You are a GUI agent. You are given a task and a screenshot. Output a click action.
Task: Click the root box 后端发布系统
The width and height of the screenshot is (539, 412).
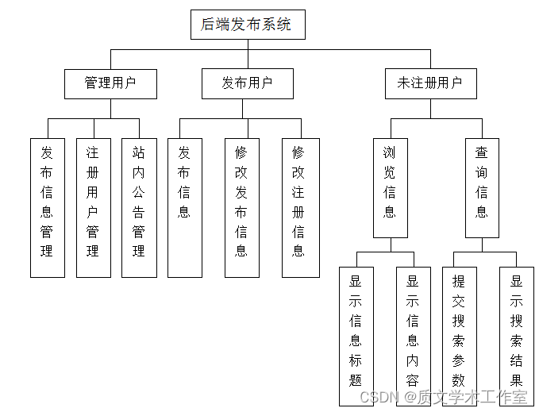(248, 25)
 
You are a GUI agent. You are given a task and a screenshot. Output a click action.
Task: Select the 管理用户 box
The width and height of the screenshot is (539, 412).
(110, 83)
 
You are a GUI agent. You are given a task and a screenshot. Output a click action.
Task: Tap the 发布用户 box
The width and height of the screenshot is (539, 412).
(248, 83)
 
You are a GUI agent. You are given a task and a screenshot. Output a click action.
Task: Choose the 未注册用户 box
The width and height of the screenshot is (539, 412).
(430, 83)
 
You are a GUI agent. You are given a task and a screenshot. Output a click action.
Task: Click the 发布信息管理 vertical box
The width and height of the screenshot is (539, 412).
(48, 208)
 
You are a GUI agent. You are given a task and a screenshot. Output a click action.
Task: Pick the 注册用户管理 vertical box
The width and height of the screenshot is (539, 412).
(94, 208)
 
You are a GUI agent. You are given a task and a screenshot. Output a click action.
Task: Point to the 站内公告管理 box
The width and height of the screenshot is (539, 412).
(139, 208)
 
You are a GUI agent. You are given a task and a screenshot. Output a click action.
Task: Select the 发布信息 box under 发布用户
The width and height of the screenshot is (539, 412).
(185, 208)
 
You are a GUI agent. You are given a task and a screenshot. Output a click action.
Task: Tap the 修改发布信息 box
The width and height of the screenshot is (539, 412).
(242, 208)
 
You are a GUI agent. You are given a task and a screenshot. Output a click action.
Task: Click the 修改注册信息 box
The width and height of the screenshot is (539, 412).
(299, 208)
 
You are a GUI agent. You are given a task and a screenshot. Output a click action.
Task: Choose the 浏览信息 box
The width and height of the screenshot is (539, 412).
(390, 188)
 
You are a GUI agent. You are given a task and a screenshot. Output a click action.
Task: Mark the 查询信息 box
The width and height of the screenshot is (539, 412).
(482, 188)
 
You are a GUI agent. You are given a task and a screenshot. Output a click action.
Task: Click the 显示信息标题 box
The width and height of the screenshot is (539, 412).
(356, 336)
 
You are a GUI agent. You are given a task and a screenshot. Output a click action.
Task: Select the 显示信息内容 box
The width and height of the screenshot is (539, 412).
(413, 336)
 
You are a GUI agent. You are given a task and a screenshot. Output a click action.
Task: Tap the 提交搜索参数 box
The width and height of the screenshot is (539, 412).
(459, 336)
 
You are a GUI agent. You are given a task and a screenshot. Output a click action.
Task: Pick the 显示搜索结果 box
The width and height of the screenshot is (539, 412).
(516, 336)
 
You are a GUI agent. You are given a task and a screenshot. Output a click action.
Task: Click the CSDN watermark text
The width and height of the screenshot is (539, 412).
(378, 397)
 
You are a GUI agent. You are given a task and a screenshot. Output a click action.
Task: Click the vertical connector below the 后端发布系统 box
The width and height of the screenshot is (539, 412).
(248, 44)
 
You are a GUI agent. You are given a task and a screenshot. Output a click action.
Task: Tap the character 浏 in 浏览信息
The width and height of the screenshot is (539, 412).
(390, 152)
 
